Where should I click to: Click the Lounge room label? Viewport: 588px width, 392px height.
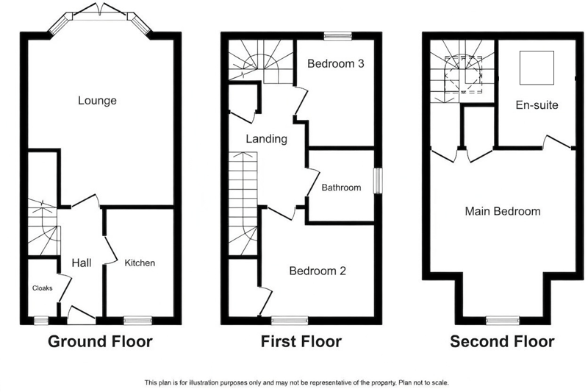coord(97,101)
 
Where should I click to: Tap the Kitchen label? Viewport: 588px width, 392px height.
coord(140,263)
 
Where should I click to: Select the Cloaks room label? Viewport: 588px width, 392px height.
coord(43,288)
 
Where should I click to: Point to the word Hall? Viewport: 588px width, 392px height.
coord(82,263)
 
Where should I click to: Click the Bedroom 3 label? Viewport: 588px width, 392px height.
coord(336,63)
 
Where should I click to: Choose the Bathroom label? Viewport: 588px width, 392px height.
coord(341,188)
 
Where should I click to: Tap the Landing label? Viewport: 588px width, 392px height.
coord(266,139)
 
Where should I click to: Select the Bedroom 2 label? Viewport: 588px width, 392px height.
coord(318,271)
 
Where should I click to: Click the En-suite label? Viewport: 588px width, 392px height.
coord(537,105)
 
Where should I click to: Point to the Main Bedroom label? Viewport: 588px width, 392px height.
coord(503,211)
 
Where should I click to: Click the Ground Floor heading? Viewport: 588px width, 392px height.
coord(100,342)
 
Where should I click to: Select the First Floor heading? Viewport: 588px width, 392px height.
coord(301,342)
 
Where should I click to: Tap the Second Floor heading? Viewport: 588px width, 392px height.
coord(502,342)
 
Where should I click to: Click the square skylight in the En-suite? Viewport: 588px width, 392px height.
coord(537,68)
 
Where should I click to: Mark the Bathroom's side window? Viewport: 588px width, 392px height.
coord(378,181)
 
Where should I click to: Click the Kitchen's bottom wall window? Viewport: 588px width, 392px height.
coord(138,321)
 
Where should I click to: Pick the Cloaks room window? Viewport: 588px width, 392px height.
coord(41,321)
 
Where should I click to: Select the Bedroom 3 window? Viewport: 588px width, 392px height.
coord(338,35)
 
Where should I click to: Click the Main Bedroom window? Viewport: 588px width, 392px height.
coord(503,321)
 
